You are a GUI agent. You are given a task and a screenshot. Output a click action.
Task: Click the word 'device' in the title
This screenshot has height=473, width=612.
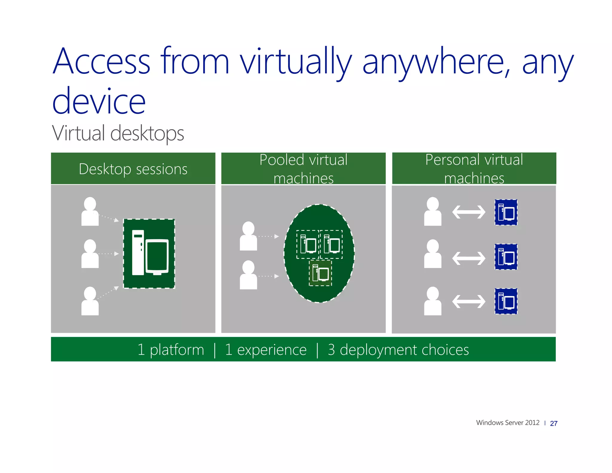[99, 102]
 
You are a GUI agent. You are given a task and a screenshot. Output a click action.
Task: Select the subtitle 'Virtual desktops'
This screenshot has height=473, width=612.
[118, 133]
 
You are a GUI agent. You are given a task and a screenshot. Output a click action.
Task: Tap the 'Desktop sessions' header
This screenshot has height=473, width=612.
[133, 169]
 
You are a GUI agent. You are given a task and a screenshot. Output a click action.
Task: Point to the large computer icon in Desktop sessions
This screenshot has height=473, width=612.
[149, 254]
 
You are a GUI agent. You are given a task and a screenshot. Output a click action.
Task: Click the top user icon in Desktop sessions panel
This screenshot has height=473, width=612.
[90, 211]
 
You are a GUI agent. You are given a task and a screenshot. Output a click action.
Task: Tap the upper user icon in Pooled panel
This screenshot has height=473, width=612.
[248, 236]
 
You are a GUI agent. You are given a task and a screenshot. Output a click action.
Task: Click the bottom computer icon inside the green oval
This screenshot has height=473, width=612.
[320, 273]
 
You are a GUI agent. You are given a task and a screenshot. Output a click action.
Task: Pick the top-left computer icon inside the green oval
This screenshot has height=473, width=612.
[308, 244]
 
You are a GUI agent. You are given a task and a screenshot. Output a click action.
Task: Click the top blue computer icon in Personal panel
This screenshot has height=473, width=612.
[506, 212]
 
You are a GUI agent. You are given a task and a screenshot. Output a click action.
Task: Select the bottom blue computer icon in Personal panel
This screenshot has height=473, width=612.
[506, 301]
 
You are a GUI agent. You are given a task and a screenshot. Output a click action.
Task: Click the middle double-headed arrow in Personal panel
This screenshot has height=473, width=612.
[469, 258]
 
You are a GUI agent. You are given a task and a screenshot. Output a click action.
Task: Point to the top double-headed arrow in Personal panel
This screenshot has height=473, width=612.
[469, 212]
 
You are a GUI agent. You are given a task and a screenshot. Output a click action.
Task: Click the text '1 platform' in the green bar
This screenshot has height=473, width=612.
[171, 350]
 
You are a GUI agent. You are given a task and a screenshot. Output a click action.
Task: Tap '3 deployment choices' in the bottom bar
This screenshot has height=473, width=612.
[398, 350]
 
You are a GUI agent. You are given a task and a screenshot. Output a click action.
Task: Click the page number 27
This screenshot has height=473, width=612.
[553, 423]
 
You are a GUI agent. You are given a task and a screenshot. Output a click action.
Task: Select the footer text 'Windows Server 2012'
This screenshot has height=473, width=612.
[507, 423]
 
